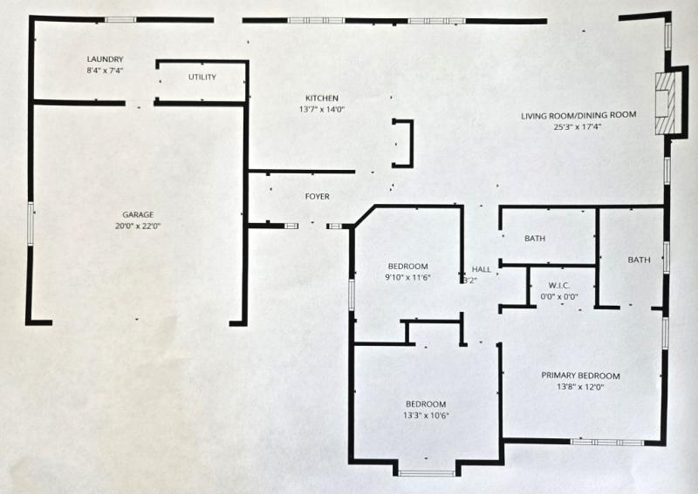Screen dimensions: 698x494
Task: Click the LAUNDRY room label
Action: (x=105, y=59)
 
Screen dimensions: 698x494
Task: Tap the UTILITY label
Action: (x=202, y=77)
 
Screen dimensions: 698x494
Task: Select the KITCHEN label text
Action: (x=322, y=98)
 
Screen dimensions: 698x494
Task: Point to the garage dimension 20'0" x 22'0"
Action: (x=138, y=226)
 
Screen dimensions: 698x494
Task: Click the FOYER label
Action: (x=318, y=196)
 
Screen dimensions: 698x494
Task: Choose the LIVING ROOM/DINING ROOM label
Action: (x=578, y=115)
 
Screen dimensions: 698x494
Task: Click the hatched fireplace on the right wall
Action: (x=665, y=103)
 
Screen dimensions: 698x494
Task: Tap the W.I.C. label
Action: (x=559, y=285)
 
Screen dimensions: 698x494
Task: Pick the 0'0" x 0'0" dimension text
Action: (x=559, y=296)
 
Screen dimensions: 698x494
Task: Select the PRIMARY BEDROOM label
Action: (x=580, y=376)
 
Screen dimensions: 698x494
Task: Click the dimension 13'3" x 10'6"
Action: (x=426, y=416)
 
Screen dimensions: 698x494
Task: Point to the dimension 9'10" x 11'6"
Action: (x=408, y=277)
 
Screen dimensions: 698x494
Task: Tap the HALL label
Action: (x=482, y=269)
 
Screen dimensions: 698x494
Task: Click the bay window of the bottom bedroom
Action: (x=426, y=473)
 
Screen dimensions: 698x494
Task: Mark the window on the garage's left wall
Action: (x=31, y=223)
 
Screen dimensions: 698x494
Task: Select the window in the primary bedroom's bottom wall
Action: (x=606, y=442)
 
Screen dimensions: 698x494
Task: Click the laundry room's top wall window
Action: (x=120, y=19)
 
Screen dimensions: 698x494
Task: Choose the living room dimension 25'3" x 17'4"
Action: (x=578, y=126)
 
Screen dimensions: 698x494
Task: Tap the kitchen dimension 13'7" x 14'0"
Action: (x=322, y=110)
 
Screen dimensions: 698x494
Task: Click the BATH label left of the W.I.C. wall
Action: (x=535, y=239)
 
